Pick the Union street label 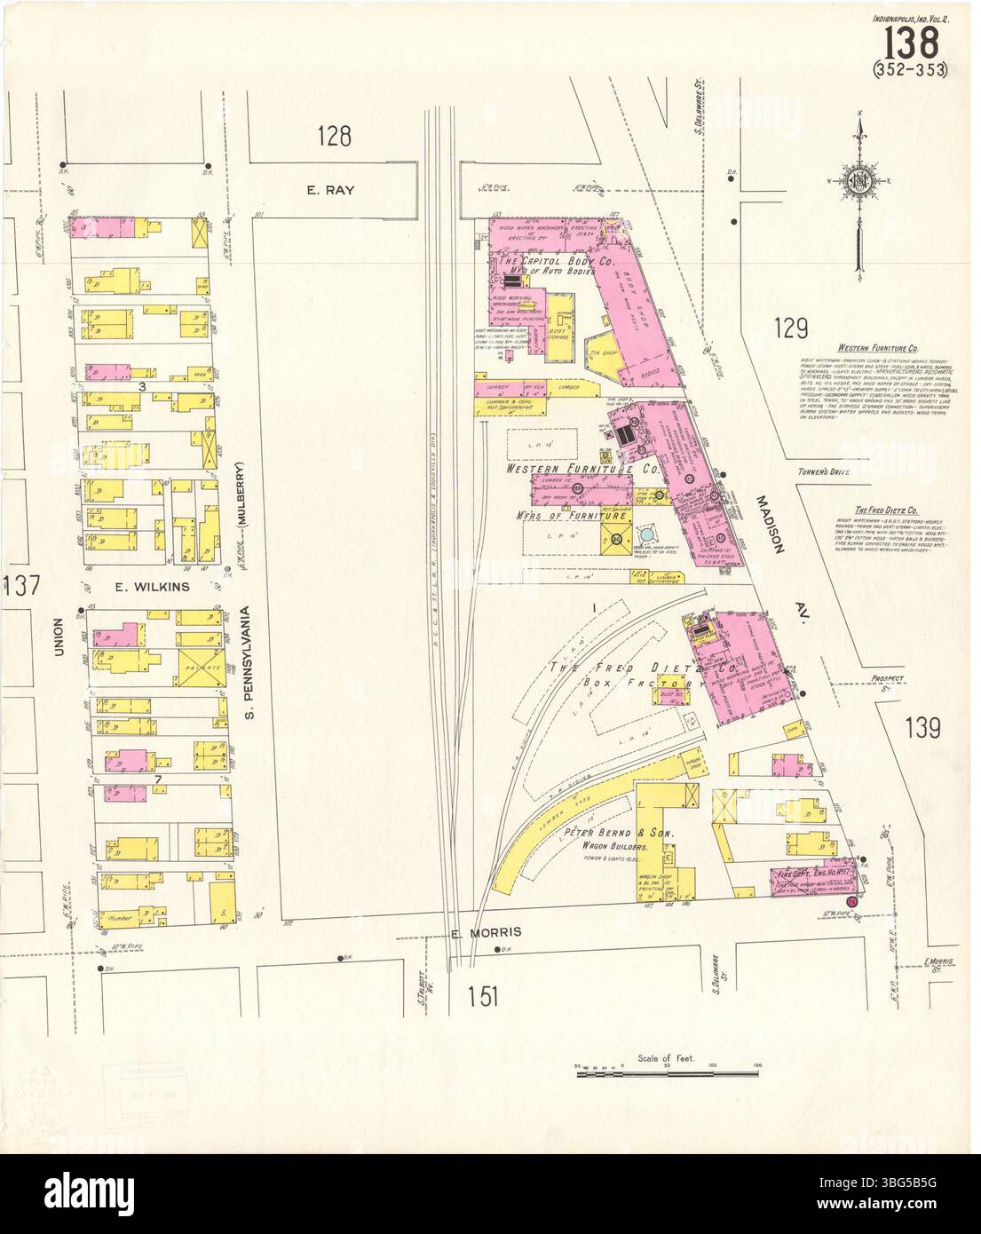click(x=59, y=637)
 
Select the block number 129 click(x=789, y=329)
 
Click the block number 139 click(x=922, y=729)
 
